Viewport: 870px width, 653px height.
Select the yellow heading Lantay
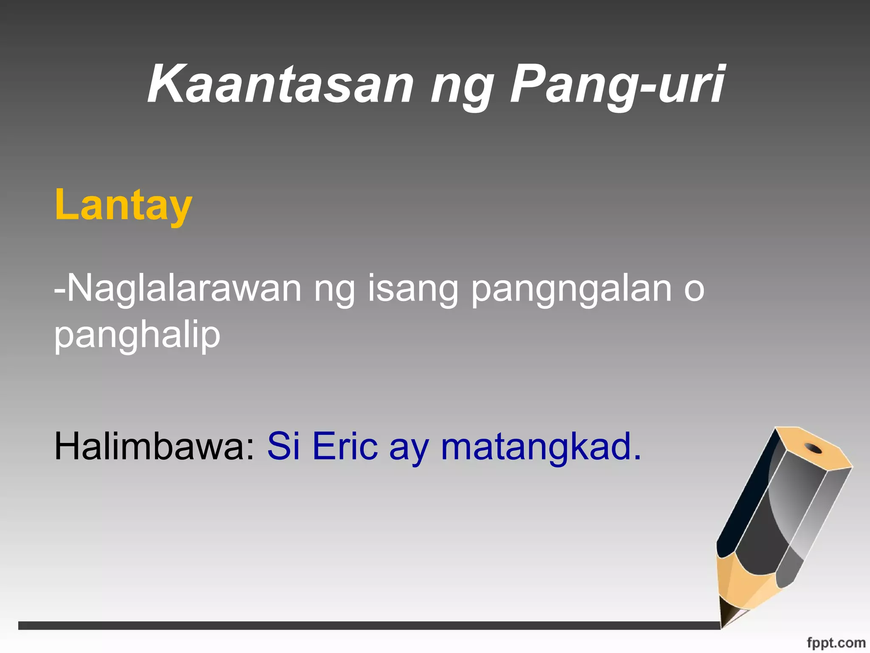[123, 205]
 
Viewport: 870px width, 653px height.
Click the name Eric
[345, 446]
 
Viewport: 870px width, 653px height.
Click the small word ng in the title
[462, 87]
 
